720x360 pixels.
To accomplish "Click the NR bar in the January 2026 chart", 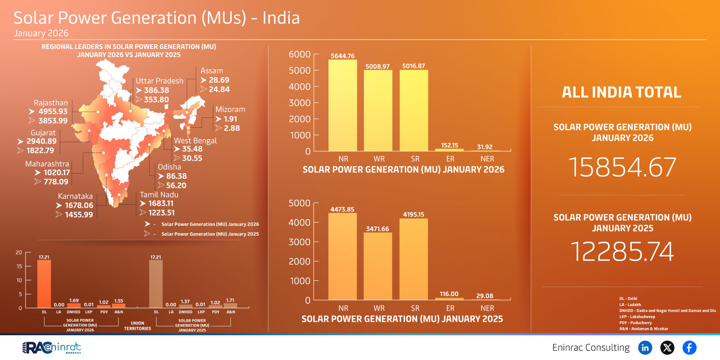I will click(342, 106).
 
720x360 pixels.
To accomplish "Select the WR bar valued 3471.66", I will click(378, 266).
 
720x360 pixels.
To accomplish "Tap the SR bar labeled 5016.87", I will click(414, 111).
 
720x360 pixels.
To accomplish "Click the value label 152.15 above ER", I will click(450, 145).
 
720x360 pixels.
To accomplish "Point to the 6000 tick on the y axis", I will click(300, 54).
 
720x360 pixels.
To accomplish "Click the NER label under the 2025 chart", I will click(487, 308).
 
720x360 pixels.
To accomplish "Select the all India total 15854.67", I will click(622, 167).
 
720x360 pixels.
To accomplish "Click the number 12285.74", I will click(622, 251).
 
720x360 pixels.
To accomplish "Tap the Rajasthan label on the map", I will click(50, 103).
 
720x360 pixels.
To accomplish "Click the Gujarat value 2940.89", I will click(41, 141).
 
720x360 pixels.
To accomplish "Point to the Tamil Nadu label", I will click(159, 195).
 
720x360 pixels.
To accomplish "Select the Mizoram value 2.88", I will click(232, 128).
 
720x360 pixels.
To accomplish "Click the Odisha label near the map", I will click(169, 167).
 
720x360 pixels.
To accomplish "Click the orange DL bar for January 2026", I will click(44, 284).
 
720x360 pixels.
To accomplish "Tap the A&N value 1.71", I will click(230, 300).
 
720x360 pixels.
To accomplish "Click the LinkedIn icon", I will click(645, 347).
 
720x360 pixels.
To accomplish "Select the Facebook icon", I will click(689, 347).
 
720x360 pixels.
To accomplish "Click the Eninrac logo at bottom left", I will click(52, 347).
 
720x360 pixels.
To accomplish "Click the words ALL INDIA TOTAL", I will click(621, 92).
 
